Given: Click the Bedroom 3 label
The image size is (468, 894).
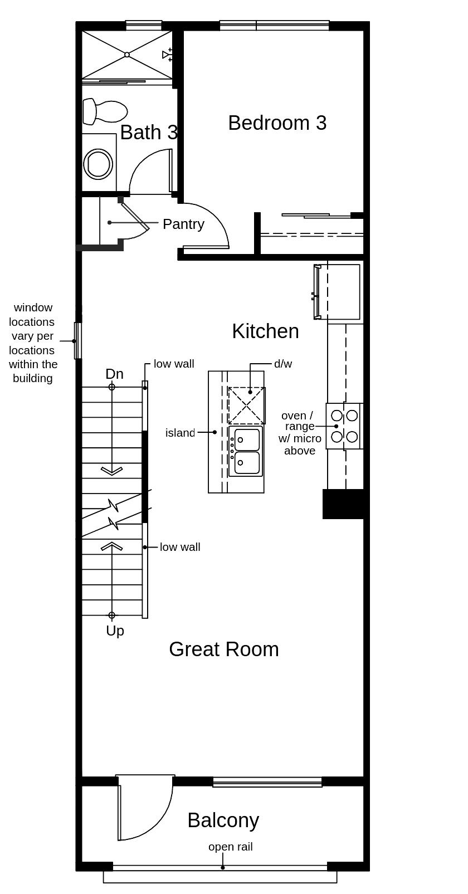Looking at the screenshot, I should pos(277,123).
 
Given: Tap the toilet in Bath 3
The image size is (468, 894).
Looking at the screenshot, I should pos(105,111).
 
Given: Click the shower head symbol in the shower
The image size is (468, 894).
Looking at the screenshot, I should pos(167,55).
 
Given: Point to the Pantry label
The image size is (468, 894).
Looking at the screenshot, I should pos(183,224).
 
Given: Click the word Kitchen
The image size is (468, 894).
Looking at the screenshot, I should pos(265,331).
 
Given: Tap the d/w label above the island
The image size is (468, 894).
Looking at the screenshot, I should pos(282,364).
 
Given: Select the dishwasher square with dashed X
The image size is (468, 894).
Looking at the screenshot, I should pos(246,406).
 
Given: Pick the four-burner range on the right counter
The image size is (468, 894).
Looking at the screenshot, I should pos(344,426).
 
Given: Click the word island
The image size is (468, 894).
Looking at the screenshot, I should pos(180,433).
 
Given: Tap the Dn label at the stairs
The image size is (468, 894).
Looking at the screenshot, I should pos(114,374).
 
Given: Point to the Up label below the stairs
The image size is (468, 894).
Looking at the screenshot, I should pos(115,631).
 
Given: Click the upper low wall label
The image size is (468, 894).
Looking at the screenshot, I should pos(174,364).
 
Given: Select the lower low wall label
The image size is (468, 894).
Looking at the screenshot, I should pos(180,547).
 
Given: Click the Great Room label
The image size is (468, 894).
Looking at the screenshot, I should pos(223,649).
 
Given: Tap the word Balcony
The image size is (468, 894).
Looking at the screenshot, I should pos(223,820).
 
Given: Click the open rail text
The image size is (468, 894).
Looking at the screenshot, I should pos(230,847).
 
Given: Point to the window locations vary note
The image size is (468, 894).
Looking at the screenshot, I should pos(33,343).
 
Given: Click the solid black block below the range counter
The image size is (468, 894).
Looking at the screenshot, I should pos(344,504).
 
